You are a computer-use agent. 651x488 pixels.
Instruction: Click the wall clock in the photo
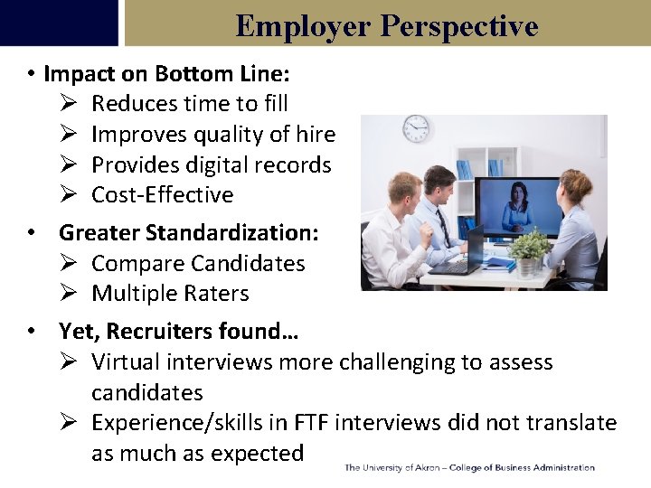pos(416,128)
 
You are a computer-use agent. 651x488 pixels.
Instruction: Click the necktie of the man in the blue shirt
pos(443,226)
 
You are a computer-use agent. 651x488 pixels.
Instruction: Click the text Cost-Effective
pos(163,195)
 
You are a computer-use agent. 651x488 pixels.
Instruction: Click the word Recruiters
pos(157,332)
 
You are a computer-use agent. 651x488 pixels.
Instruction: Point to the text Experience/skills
pos(175,423)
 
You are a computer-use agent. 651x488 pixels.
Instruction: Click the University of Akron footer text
pos(469,468)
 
